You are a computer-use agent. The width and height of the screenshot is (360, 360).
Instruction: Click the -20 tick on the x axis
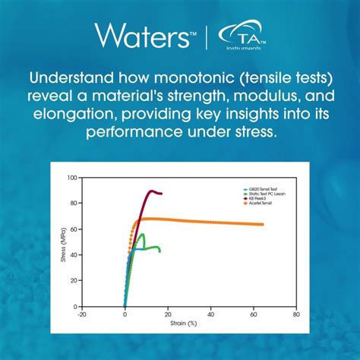[82, 313]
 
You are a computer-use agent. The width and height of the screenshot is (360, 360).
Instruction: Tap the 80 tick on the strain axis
[296, 313]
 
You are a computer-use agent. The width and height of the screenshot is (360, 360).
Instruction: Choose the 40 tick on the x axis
[210, 313]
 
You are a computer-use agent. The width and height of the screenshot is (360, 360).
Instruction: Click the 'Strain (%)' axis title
[189, 323]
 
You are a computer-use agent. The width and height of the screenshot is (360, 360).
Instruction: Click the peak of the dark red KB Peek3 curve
[152, 191]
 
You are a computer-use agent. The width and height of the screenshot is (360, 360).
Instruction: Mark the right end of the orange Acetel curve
[263, 224]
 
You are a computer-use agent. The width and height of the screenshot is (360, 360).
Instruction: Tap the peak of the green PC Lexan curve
[142, 234]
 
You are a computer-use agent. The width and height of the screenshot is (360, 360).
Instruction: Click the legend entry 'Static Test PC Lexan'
[263, 194]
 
